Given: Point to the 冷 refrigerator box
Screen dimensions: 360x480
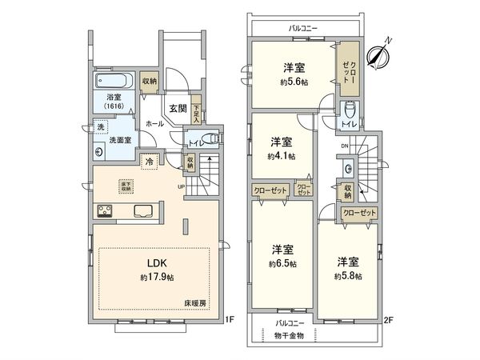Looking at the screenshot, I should (150, 161).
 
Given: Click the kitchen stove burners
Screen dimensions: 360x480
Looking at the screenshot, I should (106, 211).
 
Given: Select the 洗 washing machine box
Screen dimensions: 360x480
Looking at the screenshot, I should (101, 126).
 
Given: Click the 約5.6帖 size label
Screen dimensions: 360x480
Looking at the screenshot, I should (294, 82).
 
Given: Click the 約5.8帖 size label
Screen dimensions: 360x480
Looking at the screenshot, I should (348, 276).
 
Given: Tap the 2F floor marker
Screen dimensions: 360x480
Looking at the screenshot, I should (389, 321).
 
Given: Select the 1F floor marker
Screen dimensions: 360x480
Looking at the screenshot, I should (228, 321).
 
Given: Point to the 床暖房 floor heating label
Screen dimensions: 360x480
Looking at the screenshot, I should (194, 303).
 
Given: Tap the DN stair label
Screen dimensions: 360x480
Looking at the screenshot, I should (345, 146).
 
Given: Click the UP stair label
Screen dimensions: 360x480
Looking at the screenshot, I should (182, 189).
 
